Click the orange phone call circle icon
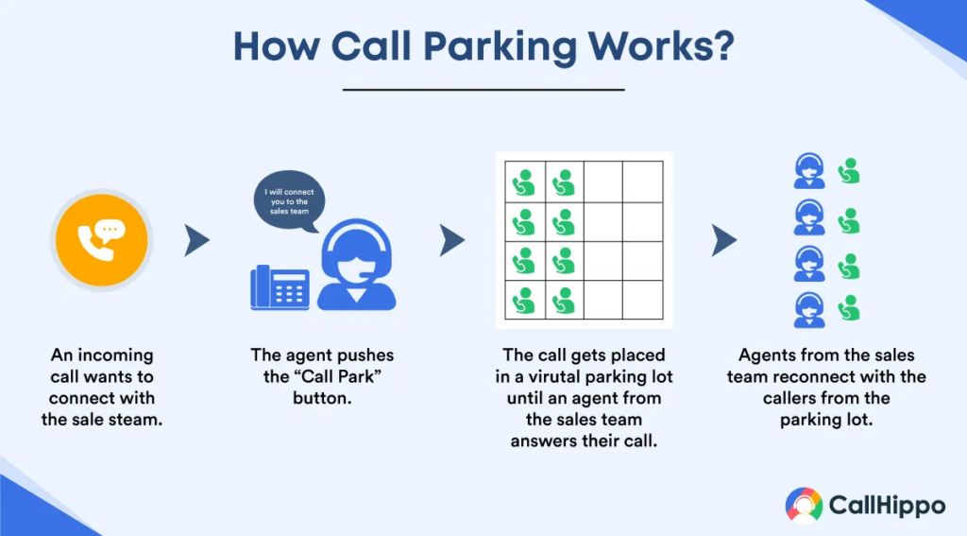coord(102,240)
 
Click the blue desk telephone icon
coord(280,287)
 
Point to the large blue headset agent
coord(356,265)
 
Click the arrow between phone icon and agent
coord(196,240)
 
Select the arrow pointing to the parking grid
coord(452,240)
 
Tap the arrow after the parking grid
coord(724,240)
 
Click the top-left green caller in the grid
coord(524,182)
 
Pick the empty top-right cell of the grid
coord(642,182)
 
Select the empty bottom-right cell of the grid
coord(642,300)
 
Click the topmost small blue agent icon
coord(809,170)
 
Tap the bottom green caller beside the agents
coord(849,307)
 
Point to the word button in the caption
coord(322,398)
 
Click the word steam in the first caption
coord(140,420)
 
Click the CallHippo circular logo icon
coord(804,506)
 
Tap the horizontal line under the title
coord(483,90)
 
